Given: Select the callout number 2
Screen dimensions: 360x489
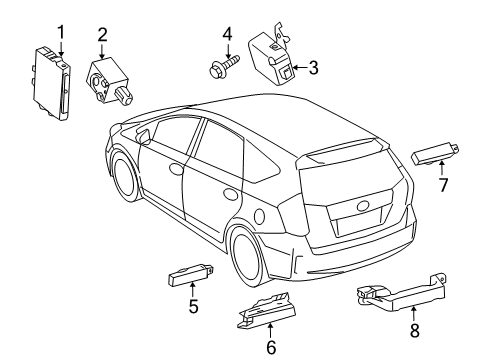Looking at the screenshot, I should (102, 38).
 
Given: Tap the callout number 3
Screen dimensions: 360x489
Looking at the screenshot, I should (313, 68).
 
